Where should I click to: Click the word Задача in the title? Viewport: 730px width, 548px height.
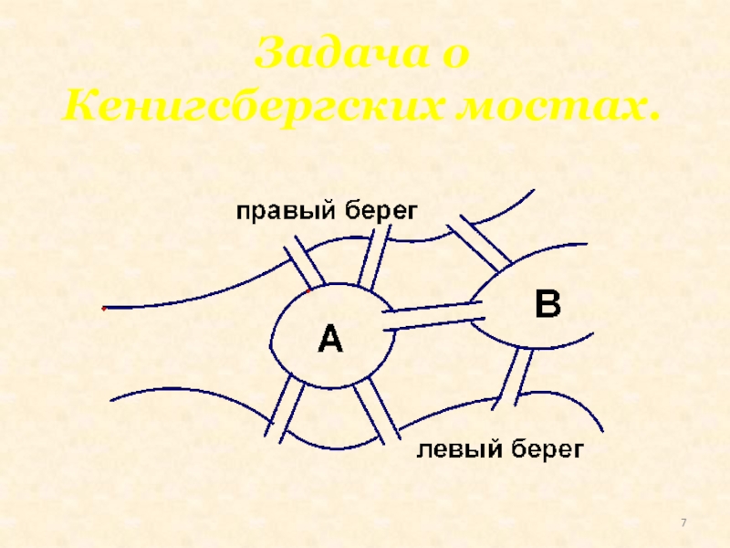tap(339, 57)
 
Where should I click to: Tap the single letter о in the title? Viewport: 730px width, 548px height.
tap(457, 57)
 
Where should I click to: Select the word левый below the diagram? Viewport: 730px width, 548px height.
tap(457, 449)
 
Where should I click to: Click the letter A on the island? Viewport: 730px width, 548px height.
tap(329, 340)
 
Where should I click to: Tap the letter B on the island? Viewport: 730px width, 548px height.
tap(547, 304)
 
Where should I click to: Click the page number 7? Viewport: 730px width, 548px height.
tap(683, 522)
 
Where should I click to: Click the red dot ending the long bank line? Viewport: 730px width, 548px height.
tap(103, 309)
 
